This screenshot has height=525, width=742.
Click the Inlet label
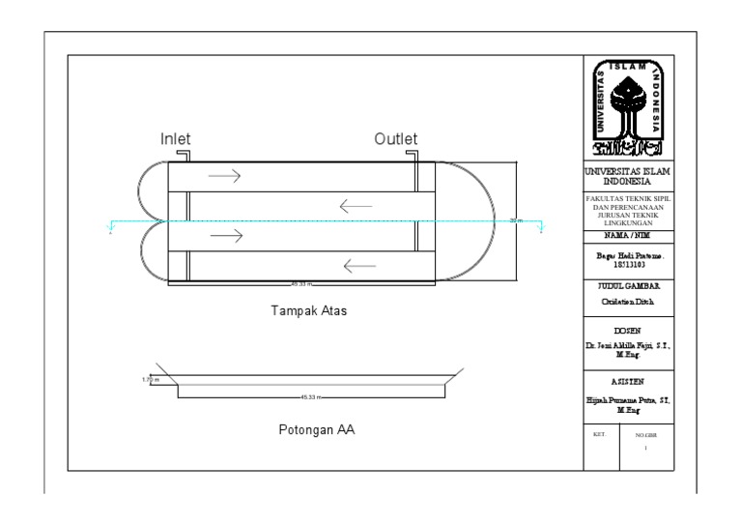(x=176, y=139)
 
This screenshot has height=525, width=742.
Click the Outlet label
(x=396, y=139)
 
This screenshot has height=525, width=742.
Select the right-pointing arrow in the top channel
(x=224, y=176)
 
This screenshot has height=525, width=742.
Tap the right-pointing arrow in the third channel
(x=224, y=234)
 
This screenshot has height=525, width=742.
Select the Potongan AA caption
(x=310, y=430)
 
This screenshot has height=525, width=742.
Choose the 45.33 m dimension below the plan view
(x=301, y=284)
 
